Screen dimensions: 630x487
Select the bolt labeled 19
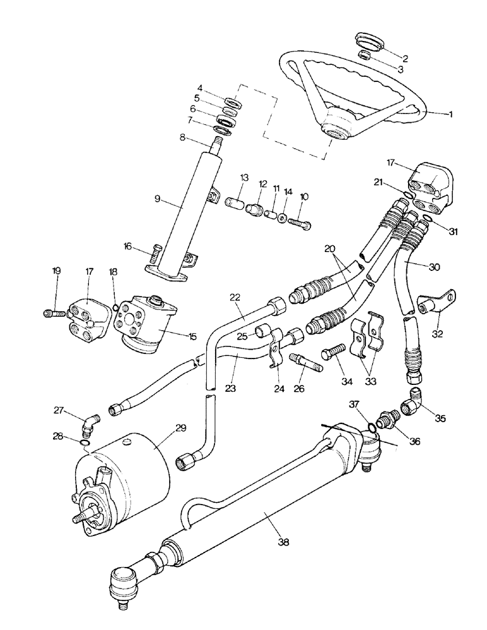tap(52, 311)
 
